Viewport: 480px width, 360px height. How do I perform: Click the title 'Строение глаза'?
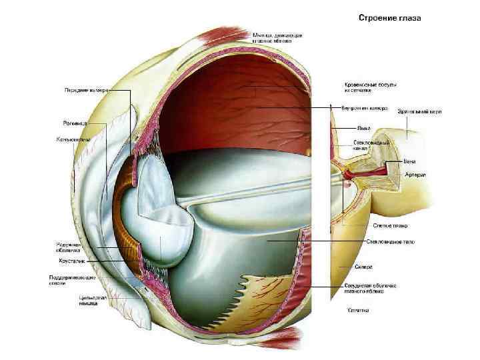tap(390, 18)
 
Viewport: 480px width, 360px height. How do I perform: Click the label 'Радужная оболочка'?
tap(70, 247)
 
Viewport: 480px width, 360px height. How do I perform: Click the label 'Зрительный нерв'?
tap(420, 111)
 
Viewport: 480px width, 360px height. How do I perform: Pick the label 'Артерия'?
tap(415, 175)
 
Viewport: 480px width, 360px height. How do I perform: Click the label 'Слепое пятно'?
tap(378, 226)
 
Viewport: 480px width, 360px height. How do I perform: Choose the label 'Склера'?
tap(363, 267)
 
